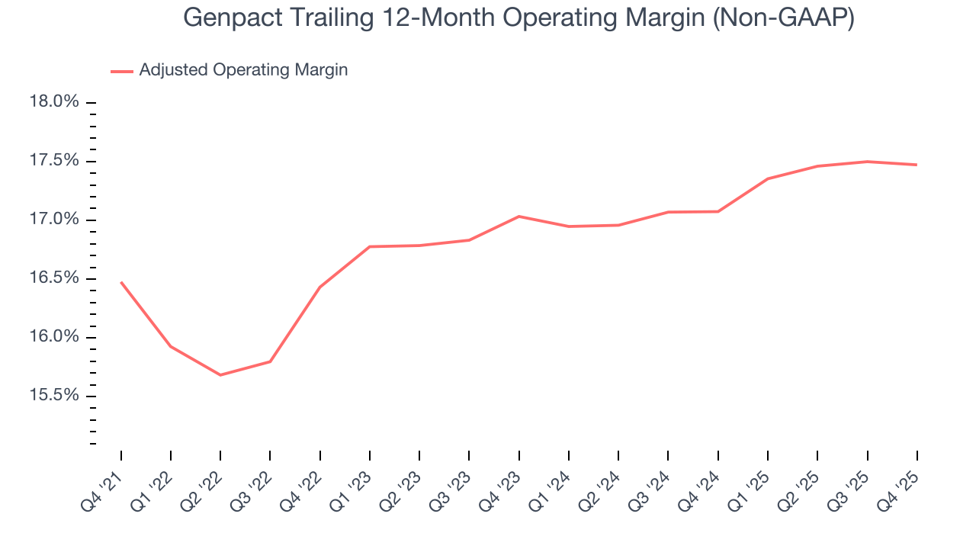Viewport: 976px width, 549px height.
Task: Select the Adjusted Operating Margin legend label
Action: coord(243,70)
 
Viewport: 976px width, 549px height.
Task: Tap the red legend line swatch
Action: coord(122,71)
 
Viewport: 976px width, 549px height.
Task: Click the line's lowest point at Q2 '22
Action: coord(220,374)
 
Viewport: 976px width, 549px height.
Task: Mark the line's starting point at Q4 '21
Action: coord(121,282)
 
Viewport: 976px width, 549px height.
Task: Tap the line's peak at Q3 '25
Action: coord(867,162)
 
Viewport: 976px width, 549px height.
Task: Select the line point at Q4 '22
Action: coord(320,287)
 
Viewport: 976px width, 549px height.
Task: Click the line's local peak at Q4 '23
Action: coord(519,217)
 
